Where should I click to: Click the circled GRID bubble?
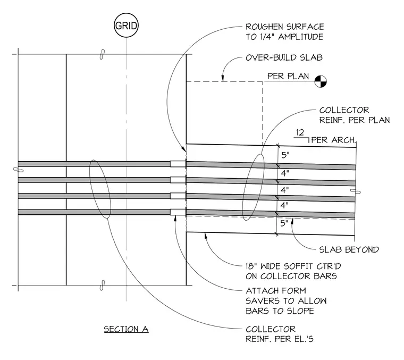[127, 26]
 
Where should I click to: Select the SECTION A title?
[127, 329]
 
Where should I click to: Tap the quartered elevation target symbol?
[321, 81]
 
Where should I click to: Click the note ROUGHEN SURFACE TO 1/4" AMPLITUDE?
[285, 32]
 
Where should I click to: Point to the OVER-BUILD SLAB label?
[284, 57]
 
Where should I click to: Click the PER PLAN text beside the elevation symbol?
[288, 76]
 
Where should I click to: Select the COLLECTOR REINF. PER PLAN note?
[355, 115]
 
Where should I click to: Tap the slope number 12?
[300, 133]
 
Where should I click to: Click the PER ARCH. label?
[333, 140]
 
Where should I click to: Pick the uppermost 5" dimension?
[285, 155]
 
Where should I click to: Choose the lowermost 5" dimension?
[284, 223]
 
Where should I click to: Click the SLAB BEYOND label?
[349, 249]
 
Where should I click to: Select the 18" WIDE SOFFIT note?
[293, 271]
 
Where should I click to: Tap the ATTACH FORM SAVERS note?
[286, 301]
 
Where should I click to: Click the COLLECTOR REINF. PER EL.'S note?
[280, 334]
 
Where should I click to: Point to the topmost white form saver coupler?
[178, 164]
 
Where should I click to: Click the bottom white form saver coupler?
[178, 212]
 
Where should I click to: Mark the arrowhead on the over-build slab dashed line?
[223, 79]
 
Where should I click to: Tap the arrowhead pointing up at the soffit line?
[205, 236]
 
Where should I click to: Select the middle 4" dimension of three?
[285, 190]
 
